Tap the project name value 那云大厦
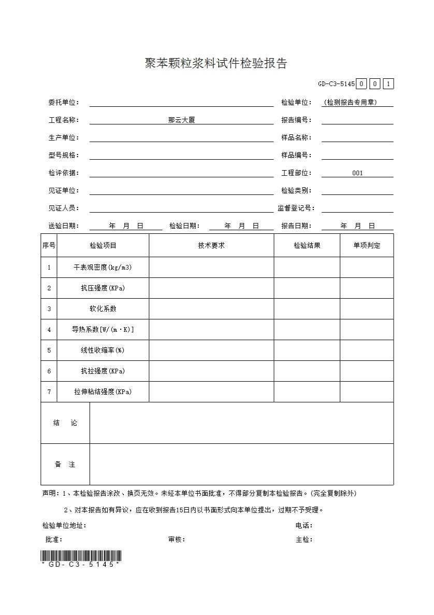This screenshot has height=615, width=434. click(x=181, y=120)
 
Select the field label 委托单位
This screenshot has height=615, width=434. click(x=63, y=103)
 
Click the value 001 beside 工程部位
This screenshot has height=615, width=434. click(x=357, y=173)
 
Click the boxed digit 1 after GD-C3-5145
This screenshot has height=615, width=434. click(x=388, y=84)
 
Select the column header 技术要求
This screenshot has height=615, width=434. click(x=211, y=246)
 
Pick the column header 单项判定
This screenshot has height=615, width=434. click(x=367, y=246)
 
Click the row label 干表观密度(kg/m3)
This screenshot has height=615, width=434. click(x=103, y=268)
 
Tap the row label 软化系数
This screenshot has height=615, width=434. click(x=103, y=309)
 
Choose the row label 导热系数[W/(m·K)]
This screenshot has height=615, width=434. click(x=103, y=330)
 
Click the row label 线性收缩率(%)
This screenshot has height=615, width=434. click(x=103, y=351)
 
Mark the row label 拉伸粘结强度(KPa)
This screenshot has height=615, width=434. click(x=103, y=392)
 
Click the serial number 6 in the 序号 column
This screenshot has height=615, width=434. click(x=49, y=371)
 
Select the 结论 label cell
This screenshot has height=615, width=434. click(x=65, y=423)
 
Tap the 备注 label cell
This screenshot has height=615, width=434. click(x=65, y=465)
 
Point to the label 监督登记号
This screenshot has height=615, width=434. click(x=296, y=208)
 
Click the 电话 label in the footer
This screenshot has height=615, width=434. click(x=303, y=526)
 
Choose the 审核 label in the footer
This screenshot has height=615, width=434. click(x=176, y=540)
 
